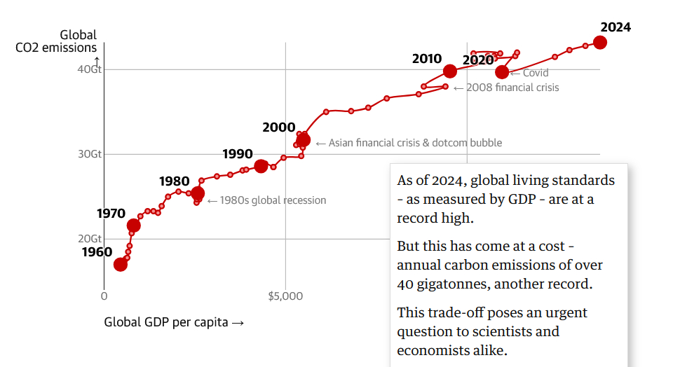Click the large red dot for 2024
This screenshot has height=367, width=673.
pyautogui.click(x=599, y=42)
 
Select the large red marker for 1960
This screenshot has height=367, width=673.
pyautogui.click(x=121, y=264)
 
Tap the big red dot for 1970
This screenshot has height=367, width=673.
pyautogui.click(x=133, y=226)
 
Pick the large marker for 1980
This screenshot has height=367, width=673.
pyautogui.click(x=198, y=193)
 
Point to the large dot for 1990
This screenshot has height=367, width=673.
pyautogui.click(x=261, y=166)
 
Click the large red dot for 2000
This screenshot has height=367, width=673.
pyautogui.click(x=304, y=140)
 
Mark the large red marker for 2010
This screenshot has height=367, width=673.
pyautogui.click(x=450, y=71)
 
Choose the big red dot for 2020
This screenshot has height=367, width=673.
pyautogui.click(x=502, y=72)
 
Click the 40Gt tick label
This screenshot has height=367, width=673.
pyautogui.click(x=90, y=69)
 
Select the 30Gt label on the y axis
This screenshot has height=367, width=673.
pyautogui.click(x=90, y=154)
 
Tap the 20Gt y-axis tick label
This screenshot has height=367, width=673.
pyautogui.click(x=90, y=239)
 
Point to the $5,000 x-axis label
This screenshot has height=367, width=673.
pyautogui.click(x=285, y=296)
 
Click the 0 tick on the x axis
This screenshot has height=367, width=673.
pyautogui.click(x=104, y=296)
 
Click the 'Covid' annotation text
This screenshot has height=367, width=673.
pyautogui.click(x=535, y=73)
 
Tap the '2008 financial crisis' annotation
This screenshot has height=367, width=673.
pyautogui.click(x=512, y=88)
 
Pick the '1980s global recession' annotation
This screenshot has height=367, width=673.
pyautogui.click(x=273, y=200)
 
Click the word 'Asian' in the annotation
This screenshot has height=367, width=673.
pyautogui.click(x=344, y=143)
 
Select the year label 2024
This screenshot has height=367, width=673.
pyautogui.click(x=616, y=27)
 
